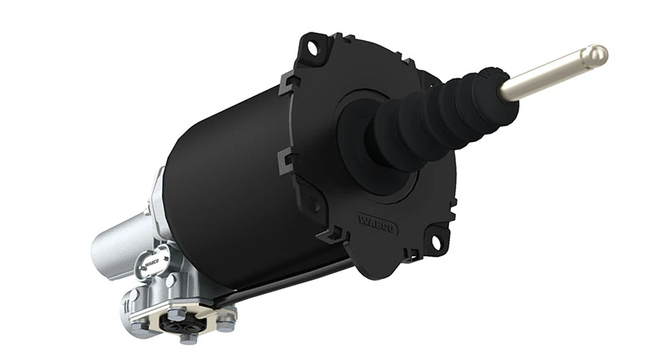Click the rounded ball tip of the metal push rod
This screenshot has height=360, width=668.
[x=595, y=57]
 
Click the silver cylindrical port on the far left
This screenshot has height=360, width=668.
[x=113, y=242]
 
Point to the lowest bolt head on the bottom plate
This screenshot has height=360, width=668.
[x=188, y=337]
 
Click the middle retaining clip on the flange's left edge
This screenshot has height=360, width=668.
[x=285, y=156]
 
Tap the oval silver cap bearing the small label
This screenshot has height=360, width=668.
[x=150, y=259]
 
